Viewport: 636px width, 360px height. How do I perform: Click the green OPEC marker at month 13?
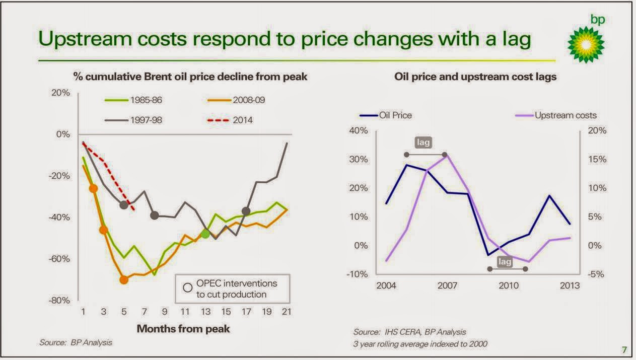point(205,233)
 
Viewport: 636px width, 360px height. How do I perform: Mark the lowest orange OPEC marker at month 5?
point(124,280)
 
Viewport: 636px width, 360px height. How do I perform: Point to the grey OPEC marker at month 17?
point(246,211)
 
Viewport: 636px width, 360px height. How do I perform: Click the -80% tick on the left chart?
point(59,301)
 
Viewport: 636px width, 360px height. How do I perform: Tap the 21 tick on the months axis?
point(287,312)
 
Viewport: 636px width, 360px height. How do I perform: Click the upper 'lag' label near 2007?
point(423,142)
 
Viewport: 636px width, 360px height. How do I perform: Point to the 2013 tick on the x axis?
point(570,286)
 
